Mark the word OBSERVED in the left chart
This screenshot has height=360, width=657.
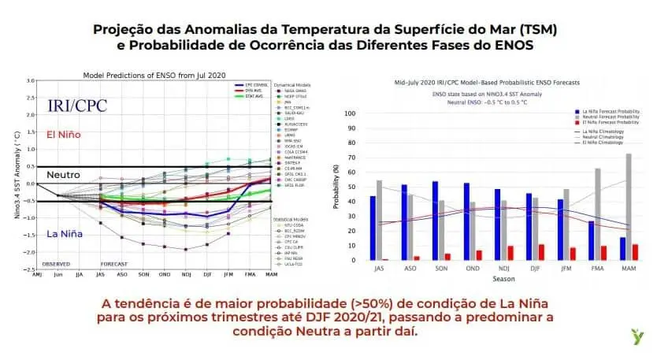pyautogui.click(x=56, y=263)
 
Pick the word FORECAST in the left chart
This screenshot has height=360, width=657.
pyautogui.click(x=114, y=263)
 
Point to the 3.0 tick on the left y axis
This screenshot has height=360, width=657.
pyautogui.click(x=31, y=80)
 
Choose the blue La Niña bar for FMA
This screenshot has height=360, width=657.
pyautogui.click(x=591, y=240)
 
